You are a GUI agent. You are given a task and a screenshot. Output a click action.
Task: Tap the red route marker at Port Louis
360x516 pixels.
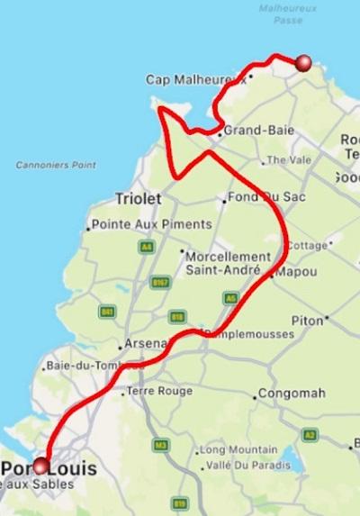tap(40, 466)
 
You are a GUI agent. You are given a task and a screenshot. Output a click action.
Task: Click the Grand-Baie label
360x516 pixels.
tap(258, 130)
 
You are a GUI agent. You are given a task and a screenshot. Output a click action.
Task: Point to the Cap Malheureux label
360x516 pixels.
tap(196, 80)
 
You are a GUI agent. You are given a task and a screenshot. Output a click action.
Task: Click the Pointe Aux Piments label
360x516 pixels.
tap(152, 224)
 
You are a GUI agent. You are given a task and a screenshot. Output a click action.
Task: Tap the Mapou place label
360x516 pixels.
tap(297, 271)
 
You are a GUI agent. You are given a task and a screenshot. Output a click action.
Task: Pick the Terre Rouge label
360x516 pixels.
tap(160, 391)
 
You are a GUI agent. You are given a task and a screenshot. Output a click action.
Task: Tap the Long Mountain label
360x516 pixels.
tap(238, 449)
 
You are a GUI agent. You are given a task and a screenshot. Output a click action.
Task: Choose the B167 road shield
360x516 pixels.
tap(160, 283)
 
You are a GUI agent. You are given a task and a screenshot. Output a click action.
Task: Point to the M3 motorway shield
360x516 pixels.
tap(161, 445)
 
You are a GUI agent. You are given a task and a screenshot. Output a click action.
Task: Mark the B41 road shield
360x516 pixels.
tap(107, 312)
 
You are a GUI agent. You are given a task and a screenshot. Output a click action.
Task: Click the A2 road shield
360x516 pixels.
tap(310, 434)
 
